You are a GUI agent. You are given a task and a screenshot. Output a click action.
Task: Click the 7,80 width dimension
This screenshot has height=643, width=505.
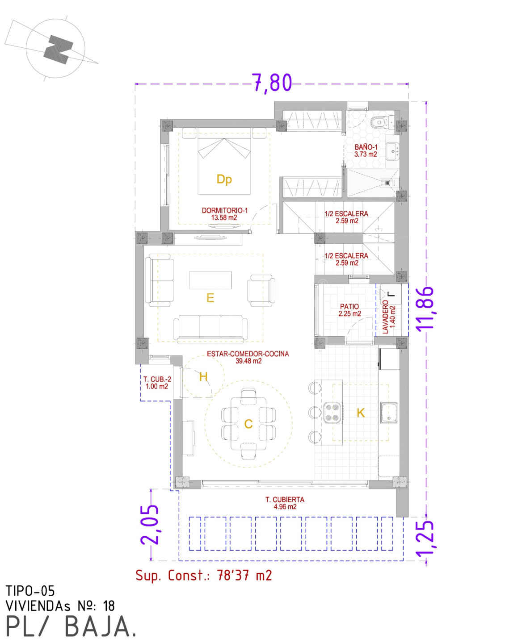click(x=272, y=83)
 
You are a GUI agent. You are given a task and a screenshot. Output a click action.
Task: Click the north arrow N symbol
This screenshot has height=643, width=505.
click(x=59, y=49)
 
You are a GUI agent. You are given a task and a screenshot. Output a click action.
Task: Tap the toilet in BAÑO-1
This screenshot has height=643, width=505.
click(x=382, y=122)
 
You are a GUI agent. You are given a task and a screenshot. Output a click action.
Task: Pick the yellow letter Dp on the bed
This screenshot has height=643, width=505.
click(x=224, y=179)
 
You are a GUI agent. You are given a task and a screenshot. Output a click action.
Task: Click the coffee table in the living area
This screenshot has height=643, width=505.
click(x=210, y=280)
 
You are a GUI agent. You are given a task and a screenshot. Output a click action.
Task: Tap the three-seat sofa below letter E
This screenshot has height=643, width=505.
click(x=210, y=329)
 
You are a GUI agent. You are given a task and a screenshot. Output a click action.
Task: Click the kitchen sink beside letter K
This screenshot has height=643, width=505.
click(x=389, y=413)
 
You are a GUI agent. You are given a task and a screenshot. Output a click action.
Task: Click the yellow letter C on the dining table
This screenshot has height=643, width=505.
click(x=248, y=424)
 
